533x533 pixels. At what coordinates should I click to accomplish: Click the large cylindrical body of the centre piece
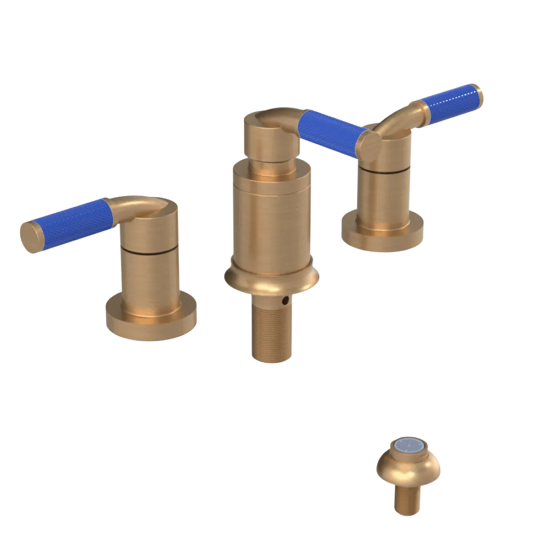(272, 219)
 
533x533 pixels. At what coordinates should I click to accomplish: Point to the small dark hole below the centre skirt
(287, 301)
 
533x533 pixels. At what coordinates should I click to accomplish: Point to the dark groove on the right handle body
(384, 170)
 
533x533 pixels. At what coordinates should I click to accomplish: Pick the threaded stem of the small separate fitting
(408, 501)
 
